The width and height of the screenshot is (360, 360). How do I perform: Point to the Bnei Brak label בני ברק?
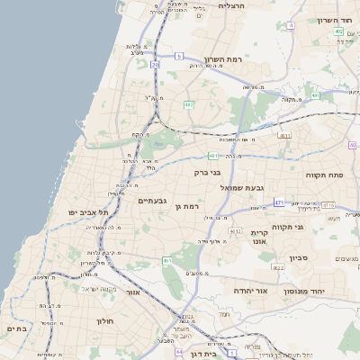click(x=207, y=172)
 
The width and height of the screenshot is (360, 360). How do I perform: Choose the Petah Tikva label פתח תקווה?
click(x=319, y=175)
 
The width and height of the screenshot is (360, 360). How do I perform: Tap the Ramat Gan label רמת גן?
click(x=186, y=207)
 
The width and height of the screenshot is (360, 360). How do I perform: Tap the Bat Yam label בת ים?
click(x=17, y=329)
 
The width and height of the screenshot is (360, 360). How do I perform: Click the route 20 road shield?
click(x=156, y=65)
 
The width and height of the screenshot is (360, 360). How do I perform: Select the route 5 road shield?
click(x=179, y=57)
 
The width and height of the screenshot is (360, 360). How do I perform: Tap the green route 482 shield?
click(x=189, y=105)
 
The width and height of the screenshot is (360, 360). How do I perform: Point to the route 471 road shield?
click(x=279, y=202)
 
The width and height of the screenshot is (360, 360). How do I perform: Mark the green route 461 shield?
click(x=166, y=261)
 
